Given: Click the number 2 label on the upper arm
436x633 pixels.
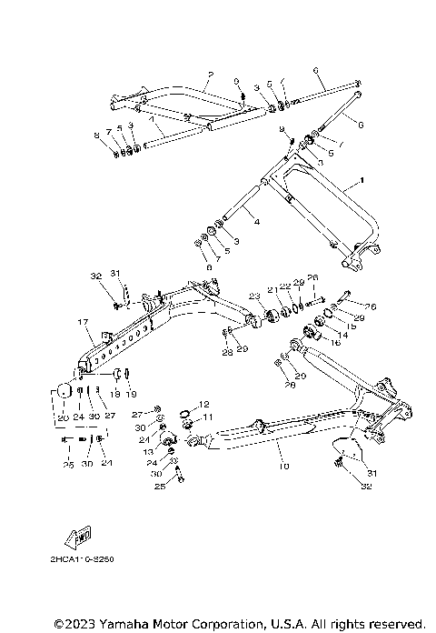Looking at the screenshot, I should tap(210, 73).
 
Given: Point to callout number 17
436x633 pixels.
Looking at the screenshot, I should tap(81, 322).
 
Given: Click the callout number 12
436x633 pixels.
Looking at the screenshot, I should tap(204, 404).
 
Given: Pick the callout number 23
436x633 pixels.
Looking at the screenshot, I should tap(254, 296).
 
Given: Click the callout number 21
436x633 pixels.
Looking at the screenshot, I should tap(272, 289).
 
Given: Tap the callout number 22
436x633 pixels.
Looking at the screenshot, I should tap(284, 286).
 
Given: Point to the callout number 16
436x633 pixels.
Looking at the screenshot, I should tap(335, 342).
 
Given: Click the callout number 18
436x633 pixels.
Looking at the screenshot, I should tap(114, 395).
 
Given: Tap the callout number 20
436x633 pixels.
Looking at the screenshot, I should tap(63, 417).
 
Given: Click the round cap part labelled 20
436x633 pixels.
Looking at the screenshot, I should tap(64, 391).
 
